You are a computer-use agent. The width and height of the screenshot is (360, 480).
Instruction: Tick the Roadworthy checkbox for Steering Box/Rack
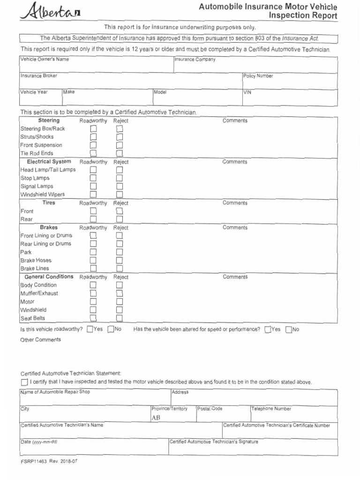pyautogui.click(x=93, y=128)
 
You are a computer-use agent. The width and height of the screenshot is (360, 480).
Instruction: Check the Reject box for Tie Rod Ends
pyautogui.click(x=119, y=153)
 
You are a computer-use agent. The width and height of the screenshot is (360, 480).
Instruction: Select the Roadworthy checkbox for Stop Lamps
pyautogui.click(x=93, y=178)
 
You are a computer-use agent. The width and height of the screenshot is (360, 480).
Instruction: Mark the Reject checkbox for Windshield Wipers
pyautogui.click(x=119, y=195)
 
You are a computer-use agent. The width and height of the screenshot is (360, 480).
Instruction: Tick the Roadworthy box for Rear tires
pyautogui.click(x=93, y=219)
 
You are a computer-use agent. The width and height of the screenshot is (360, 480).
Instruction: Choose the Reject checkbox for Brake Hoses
pyautogui.click(x=119, y=260)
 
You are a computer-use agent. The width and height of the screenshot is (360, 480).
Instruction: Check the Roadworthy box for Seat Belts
pyautogui.click(x=93, y=318)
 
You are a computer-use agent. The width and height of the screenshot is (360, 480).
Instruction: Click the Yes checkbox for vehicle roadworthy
pyautogui.click(x=90, y=329)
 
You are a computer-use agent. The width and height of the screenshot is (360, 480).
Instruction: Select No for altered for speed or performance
pyautogui.click(x=288, y=329)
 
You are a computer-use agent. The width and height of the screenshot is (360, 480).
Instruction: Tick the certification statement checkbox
pyautogui.click(x=24, y=382)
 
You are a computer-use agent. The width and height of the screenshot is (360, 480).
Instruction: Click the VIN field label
pyautogui.click(x=247, y=93)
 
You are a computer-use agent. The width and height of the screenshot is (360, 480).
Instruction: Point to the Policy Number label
pyautogui.click(x=258, y=76)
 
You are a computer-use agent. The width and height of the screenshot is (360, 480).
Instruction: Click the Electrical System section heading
pyautogui.click(x=49, y=162)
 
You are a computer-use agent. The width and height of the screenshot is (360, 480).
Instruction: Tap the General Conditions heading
pyautogui.click(x=49, y=277)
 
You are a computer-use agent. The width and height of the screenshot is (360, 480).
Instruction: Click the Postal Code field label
pyautogui.click(x=210, y=409)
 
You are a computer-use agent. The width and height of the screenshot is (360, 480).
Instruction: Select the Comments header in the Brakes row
pyautogui.click(x=235, y=227)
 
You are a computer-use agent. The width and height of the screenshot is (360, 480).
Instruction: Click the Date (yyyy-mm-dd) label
pyautogui.click(x=39, y=442)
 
